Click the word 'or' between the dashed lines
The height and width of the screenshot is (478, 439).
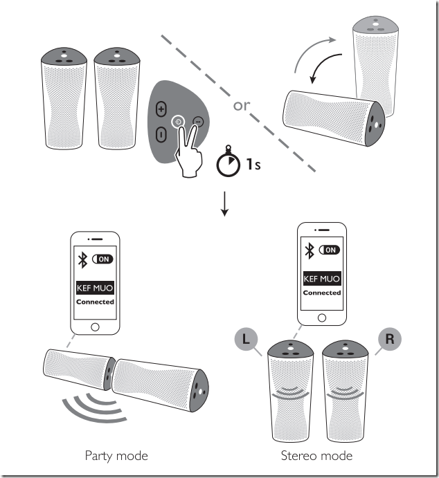coord(242,106)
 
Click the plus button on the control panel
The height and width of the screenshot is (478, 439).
coord(161,109)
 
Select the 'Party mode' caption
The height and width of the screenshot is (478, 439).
coord(117,455)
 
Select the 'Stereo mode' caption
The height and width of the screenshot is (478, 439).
coord(316,455)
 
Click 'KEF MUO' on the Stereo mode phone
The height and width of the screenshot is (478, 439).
coord(322,279)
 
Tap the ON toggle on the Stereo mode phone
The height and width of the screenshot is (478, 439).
coord(330,250)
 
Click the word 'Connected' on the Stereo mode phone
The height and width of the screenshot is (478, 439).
coord(322,293)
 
